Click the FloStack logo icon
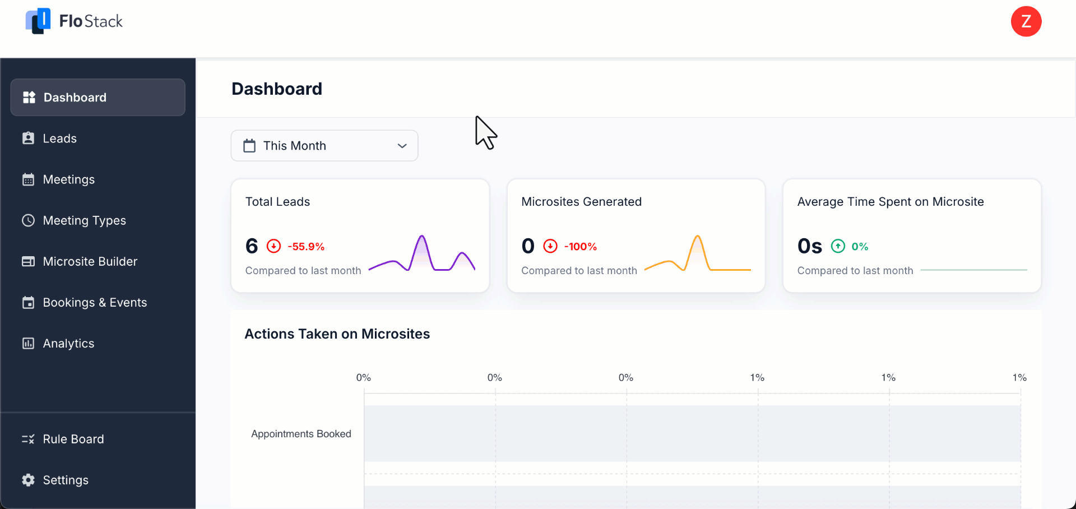coord(38,21)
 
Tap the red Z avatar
coord(1026,21)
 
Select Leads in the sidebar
coord(59,138)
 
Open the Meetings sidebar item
coord(68,179)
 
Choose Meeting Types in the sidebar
coord(84,220)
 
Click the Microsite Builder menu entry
coord(90,261)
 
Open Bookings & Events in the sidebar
coord(95,302)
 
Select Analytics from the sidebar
coord(68,343)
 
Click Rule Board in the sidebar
coord(73,439)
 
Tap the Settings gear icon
coord(28,480)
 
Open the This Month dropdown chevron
coord(402,146)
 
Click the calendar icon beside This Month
coord(249,146)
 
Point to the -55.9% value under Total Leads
coord(306,247)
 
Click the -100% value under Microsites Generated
coord(580,247)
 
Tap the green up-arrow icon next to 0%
coord(838,246)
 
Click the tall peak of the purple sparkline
coord(421,237)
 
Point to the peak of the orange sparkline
coord(697,237)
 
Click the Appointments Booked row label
coord(301,434)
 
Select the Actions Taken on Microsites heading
coord(337,334)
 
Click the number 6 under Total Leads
coord(252,246)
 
